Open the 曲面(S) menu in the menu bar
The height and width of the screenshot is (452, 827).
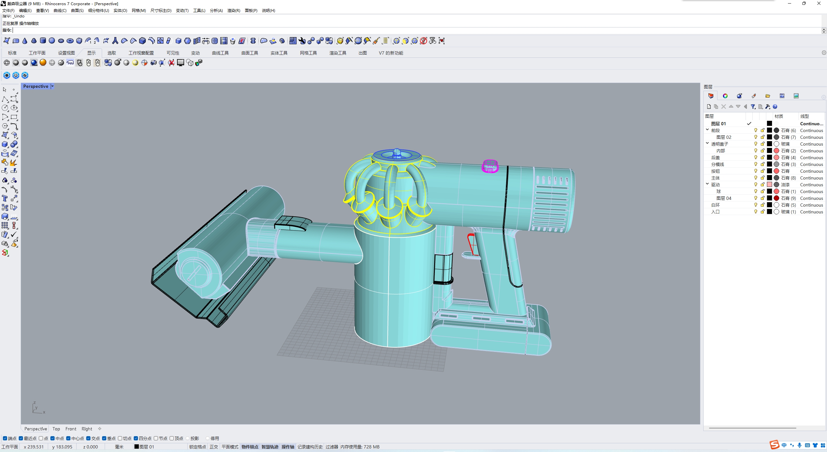(77, 10)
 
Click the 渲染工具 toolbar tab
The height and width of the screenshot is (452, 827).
(338, 53)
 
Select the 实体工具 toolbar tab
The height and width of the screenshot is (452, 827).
(279, 53)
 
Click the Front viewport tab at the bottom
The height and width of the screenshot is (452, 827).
(71, 429)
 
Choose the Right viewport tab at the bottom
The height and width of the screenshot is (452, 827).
(87, 429)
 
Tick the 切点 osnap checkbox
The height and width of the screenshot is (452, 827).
(120, 438)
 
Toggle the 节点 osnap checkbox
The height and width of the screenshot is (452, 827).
(156, 438)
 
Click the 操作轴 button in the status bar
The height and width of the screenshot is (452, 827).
(288, 447)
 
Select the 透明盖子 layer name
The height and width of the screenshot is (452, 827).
(719, 144)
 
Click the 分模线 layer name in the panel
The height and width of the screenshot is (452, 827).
(717, 164)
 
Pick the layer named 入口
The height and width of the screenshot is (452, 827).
(715, 212)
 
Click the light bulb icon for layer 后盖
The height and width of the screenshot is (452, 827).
(756, 158)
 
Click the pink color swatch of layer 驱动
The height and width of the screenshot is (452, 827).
(769, 185)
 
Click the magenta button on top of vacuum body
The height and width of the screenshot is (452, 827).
(490, 166)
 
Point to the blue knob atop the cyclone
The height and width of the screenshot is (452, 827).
(397, 153)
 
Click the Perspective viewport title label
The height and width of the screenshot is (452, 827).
(36, 86)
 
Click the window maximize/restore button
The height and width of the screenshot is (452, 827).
(804, 4)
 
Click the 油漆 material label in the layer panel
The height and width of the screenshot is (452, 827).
(785, 185)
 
